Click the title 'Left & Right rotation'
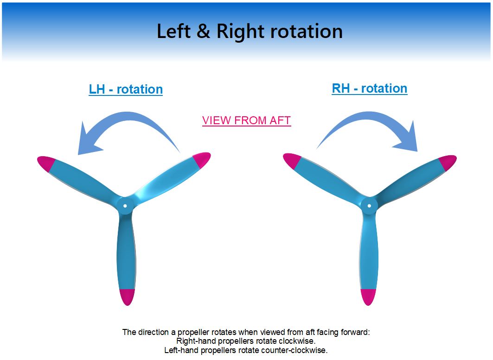click(x=250, y=32)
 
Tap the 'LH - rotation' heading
click(x=126, y=89)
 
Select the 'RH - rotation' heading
click(x=370, y=88)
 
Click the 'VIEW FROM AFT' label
click(x=247, y=120)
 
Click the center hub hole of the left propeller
click(x=125, y=206)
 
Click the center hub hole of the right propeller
click(x=370, y=206)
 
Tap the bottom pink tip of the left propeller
click(x=128, y=297)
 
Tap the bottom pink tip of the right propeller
click(x=368, y=297)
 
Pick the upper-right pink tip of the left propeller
click(x=202, y=159)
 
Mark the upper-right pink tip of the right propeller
click(x=448, y=163)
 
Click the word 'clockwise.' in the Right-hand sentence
click(x=297, y=341)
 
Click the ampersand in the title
click(x=204, y=32)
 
